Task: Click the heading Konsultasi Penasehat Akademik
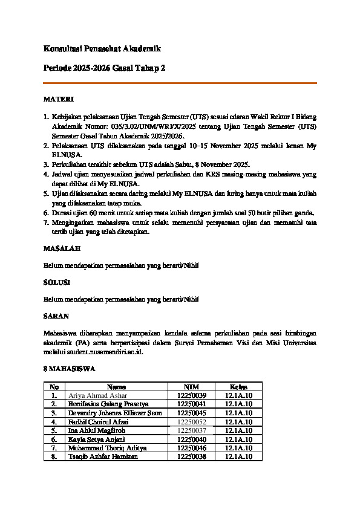click(x=102, y=48)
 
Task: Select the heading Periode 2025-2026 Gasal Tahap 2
click(x=104, y=69)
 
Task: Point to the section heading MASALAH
click(x=62, y=248)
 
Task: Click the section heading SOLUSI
click(x=57, y=282)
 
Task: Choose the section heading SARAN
click(x=56, y=316)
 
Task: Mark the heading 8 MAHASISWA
click(x=70, y=368)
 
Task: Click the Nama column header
click(x=116, y=386)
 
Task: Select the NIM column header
click(x=192, y=386)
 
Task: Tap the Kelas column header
click(x=238, y=386)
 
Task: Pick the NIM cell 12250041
click(x=192, y=404)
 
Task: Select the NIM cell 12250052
click(x=192, y=421)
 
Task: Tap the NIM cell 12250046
click(x=192, y=448)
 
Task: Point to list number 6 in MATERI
click(x=46, y=213)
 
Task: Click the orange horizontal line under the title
click(x=180, y=83)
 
